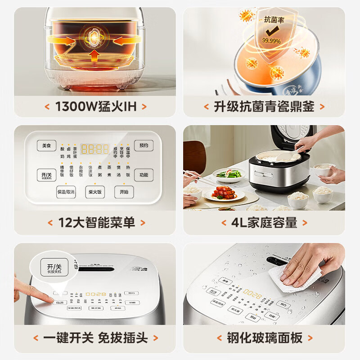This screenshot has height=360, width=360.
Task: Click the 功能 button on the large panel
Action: pos(144,175)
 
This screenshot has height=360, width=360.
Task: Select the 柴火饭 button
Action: pos(95,191)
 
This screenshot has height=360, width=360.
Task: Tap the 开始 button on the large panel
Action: pos(124,191)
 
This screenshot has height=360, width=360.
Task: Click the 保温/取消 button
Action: pos(66,191)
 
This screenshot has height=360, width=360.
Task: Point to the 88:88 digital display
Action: pos(94,149)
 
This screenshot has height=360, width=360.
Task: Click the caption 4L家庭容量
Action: pos(264,222)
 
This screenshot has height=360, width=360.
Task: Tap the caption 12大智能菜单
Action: pos(96,222)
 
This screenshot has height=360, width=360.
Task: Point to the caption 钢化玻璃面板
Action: pos(264,337)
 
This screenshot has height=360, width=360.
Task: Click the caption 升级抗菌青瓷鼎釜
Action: pos(264,107)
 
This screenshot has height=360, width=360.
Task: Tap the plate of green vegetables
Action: pos(228,174)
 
